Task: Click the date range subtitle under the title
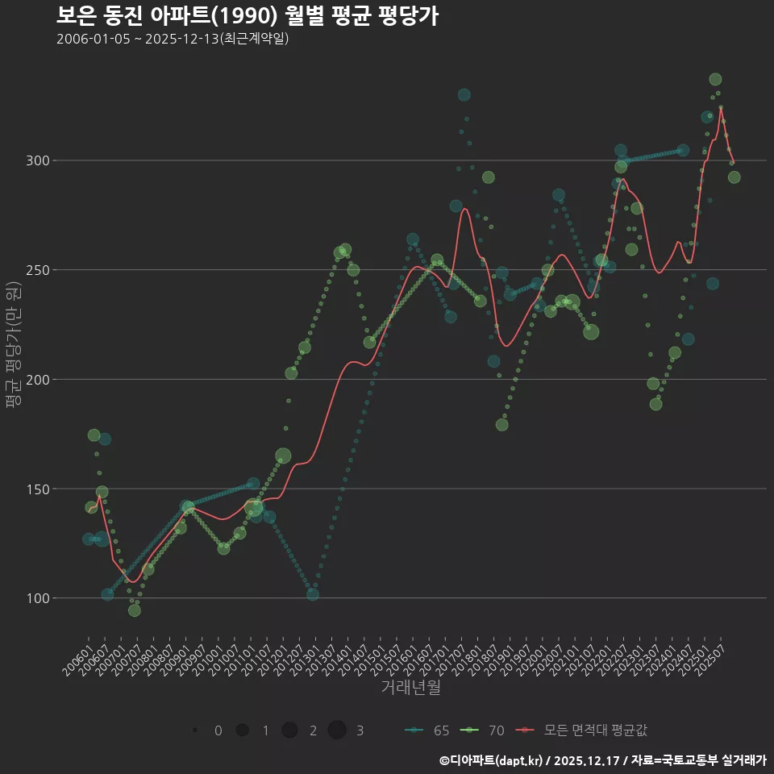tap(173, 39)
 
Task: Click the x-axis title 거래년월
tap(410, 688)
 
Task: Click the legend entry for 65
tap(427, 730)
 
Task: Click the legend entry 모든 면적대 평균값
tap(585, 730)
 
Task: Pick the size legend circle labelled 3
tap(337, 730)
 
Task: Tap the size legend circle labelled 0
tap(195, 730)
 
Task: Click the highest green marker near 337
tap(715, 79)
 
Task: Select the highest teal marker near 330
tap(464, 95)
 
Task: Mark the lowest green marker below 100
tap(135, 610)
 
